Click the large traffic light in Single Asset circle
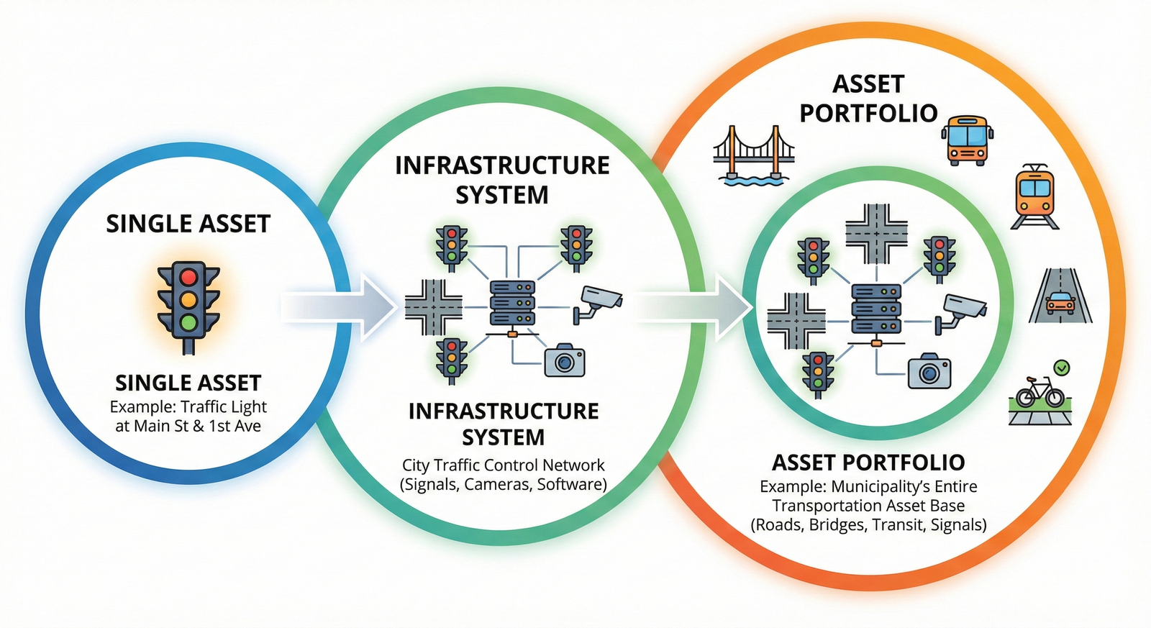click(x=188, y=306)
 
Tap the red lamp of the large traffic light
click(x=188, y=277)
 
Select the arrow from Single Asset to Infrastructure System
click(x=338, y=306)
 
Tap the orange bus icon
click(x=968, y=140)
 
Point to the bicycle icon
click(x=1039, y=393)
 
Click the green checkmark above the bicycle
click(x=1061, y=368)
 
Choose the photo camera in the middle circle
click(x=564, y=360)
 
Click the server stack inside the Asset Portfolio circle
click(x=875, y=308)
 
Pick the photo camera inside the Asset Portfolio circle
click(x=929, y=372)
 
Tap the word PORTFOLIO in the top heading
click(x=868, y=113)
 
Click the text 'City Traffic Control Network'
click(x=503, y=465)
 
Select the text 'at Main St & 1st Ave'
click(x=188, y=426)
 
